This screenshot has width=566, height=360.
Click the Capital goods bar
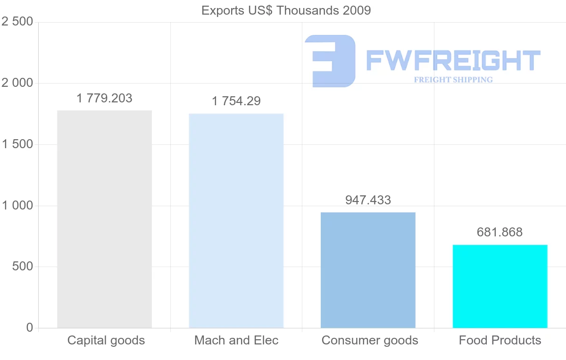click(x=104, y=219)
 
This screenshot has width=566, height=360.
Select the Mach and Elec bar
click(x=236, y=220)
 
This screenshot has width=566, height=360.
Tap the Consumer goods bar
click(x=368, y=270)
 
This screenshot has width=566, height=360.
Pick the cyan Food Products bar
click(x=500, y=286)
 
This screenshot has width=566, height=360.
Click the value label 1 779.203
click(x=104, y=98)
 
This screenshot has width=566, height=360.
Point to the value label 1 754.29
click(x=236, y=101)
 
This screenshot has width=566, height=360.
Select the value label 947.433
click(x=368, y=200)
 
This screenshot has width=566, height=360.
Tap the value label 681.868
click(x=500, y=232)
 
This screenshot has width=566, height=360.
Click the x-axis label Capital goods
click(x=106, y=340)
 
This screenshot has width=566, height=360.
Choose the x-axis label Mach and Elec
click(x=236, y=340)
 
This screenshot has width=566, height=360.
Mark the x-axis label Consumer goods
click(x=370, y=340)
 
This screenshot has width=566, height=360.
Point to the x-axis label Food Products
click(x=500, y=340)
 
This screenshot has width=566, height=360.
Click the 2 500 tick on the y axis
click(x=17, y=22)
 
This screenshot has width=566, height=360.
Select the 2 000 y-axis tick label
click(x=17, y=83)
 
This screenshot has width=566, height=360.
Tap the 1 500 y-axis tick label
click(x=17, y=144)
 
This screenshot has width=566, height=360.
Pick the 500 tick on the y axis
click(x=22, y=267)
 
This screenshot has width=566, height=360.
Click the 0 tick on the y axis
click(x=30, y=327)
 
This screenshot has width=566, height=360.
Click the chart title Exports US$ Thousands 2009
click(x=286, y=10)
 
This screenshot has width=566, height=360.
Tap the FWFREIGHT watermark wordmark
click(x=453, y=60)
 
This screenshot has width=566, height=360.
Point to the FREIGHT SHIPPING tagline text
click(x=453, y=80)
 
